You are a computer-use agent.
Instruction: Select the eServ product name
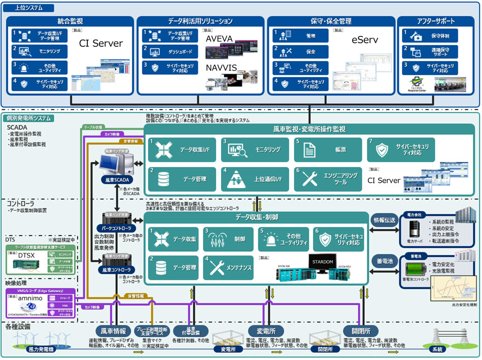(x=364, y=39)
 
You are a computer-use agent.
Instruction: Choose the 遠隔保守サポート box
(x=430, y=51)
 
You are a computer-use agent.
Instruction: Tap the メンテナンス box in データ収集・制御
(x=229, y=268)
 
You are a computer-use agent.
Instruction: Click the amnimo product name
(x=29, y=299)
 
